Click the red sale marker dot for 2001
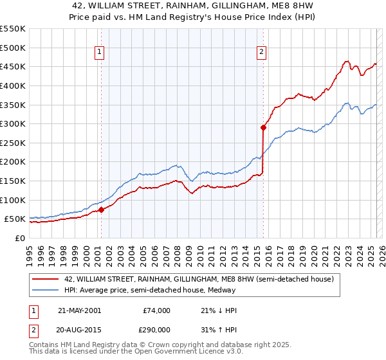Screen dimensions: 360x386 101,210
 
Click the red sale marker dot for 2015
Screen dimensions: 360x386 263,127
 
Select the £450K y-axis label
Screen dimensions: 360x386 13,66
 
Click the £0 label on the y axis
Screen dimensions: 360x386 19,238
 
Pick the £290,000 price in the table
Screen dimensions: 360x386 156,328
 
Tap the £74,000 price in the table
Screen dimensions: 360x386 156,310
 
